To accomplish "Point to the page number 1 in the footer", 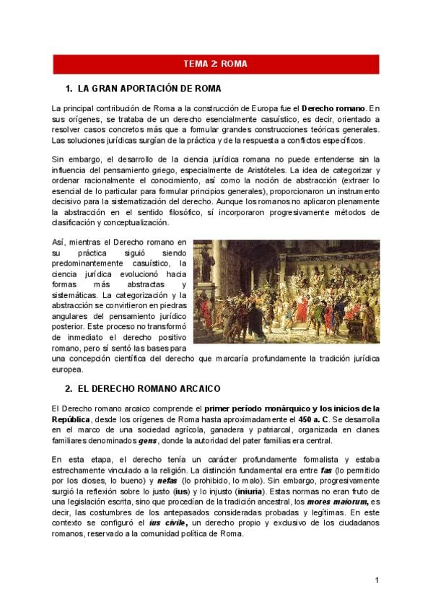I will (x=377, y=581).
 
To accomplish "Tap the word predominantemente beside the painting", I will (x=95, y=263).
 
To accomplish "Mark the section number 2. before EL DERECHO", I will (x=69, y=388).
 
